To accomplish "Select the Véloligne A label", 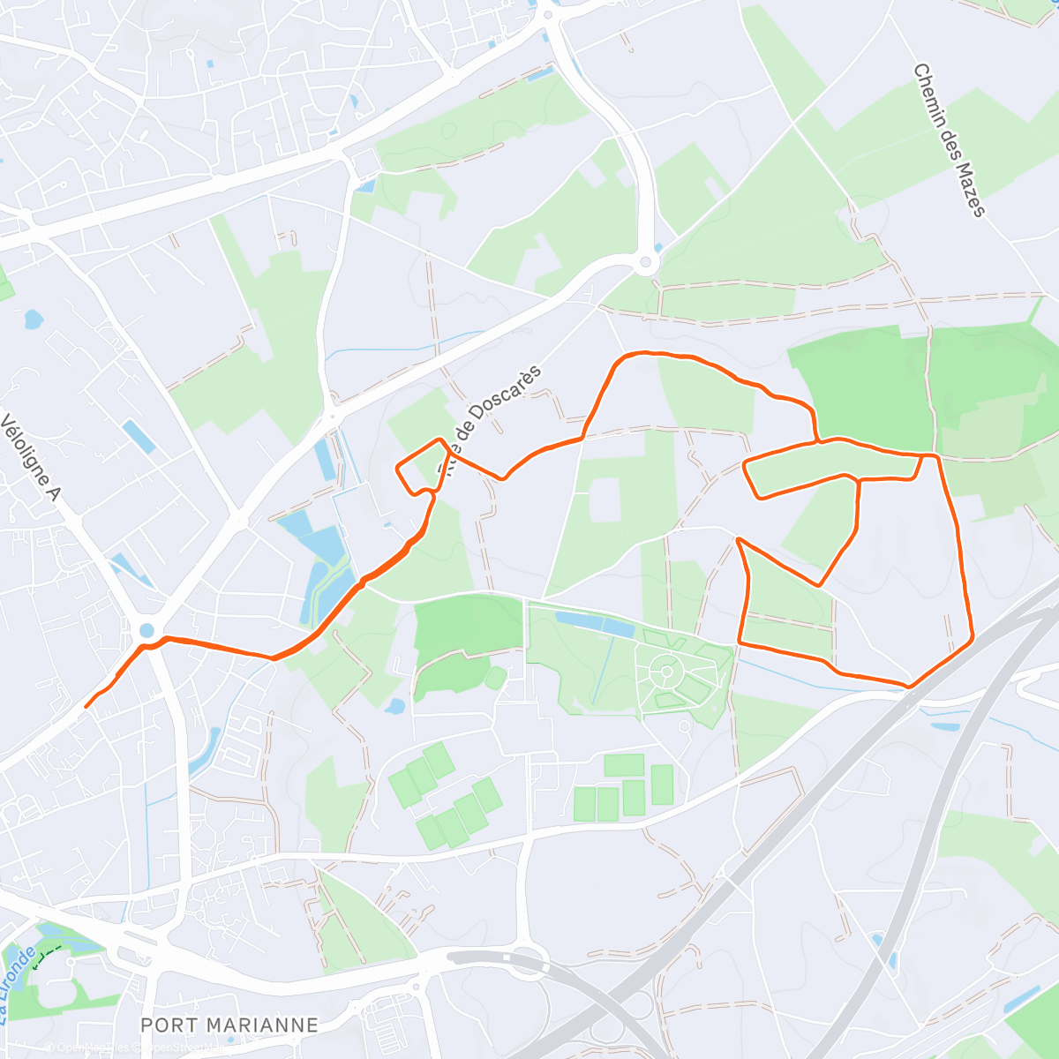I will pos(29,458).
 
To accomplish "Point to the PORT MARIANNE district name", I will pos(229,1025).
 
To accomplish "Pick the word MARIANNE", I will pos(263,1025).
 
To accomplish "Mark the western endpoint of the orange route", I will pos(86,706).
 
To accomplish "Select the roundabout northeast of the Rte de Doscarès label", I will pos(647,261).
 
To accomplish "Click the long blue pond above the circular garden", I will pos(595,625).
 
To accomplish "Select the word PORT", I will pos(169,1025).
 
